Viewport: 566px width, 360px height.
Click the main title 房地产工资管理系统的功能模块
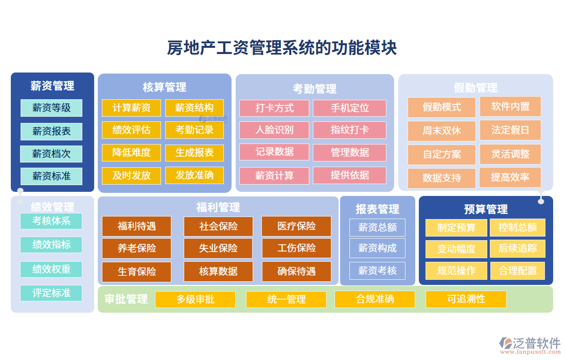point(282,48)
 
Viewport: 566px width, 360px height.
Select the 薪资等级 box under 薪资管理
point(51,108)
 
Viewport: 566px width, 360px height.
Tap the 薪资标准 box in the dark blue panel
point(51,176)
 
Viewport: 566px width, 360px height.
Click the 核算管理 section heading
point(165,87)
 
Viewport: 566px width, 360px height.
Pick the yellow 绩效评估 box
point(132,130)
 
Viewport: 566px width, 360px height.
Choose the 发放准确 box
point(194,175)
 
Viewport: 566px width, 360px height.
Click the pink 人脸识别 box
point(274,130)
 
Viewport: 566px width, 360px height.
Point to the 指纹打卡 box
point(350,130)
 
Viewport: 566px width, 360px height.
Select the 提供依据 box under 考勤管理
point(350,175)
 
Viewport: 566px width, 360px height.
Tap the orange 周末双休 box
point(442,131)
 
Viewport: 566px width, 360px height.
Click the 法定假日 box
point(510,130)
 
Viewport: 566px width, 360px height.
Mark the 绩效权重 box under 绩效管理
point(51,269)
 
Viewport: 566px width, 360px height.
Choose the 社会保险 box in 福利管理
point(219,226)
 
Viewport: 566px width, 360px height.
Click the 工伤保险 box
point(296,248)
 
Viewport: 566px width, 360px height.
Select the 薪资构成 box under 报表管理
point(377,248)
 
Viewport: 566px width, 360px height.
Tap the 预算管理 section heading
point(486,209)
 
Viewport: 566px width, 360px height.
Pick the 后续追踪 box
point(518,249)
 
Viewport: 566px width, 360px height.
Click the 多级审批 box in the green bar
point(195,299)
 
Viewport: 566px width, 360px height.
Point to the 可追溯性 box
point(466,299)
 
